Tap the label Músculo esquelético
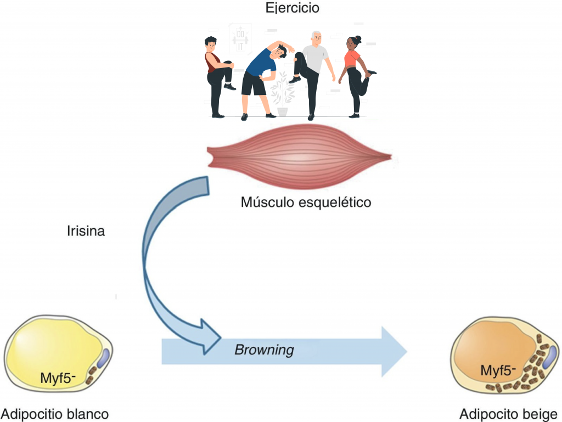tap(306, 202)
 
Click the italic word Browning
tap(264, 350)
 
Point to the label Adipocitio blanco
tap(55, 413)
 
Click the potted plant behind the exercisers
tap(282, 96)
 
